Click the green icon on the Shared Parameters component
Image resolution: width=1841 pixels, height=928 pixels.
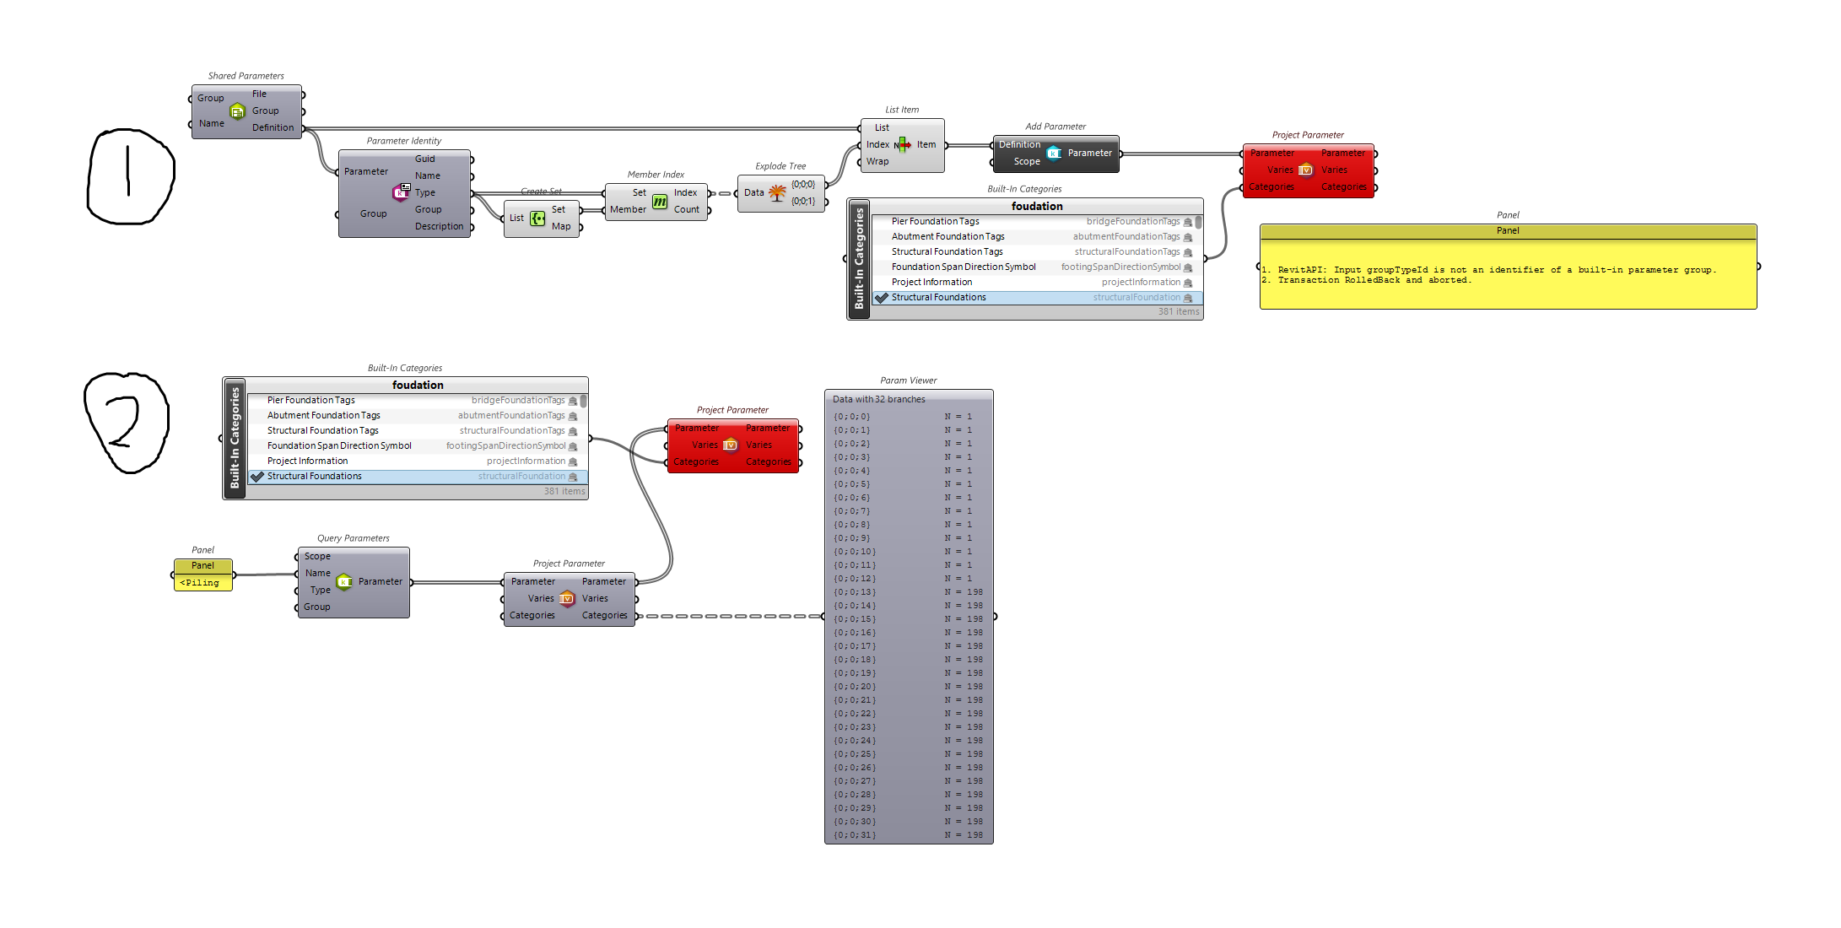pos(238,111)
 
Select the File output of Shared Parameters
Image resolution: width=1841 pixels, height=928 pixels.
pos(259,94)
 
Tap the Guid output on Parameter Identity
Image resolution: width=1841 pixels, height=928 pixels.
pos(424,159)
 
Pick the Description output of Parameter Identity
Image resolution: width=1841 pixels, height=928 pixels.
pos(439,227)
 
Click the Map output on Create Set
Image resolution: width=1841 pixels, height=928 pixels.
pos(561,227)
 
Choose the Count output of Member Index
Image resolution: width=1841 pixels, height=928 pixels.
pos(686,210)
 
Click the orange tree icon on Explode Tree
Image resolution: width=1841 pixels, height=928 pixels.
pos(777,193)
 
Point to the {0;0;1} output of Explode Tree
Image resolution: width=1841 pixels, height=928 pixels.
pos(803,202)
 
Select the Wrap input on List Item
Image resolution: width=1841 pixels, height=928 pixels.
pos(877,162)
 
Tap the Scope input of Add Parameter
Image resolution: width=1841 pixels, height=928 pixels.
pos(1027,162)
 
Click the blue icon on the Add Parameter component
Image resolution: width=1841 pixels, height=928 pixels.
pos(1054,154)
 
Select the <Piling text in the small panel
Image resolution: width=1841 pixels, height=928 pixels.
pos(200,583)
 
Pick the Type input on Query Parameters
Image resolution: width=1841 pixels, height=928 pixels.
pos(321,591)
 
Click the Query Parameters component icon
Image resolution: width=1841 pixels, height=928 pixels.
pos(344,582)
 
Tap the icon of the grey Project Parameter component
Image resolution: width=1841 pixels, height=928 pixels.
pos(567,599)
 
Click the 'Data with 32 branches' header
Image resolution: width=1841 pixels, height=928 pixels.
pos(879,400)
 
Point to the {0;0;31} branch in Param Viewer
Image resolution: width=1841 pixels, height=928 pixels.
pos(855,835)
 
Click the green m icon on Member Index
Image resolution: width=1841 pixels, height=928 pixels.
pos(660,202)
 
